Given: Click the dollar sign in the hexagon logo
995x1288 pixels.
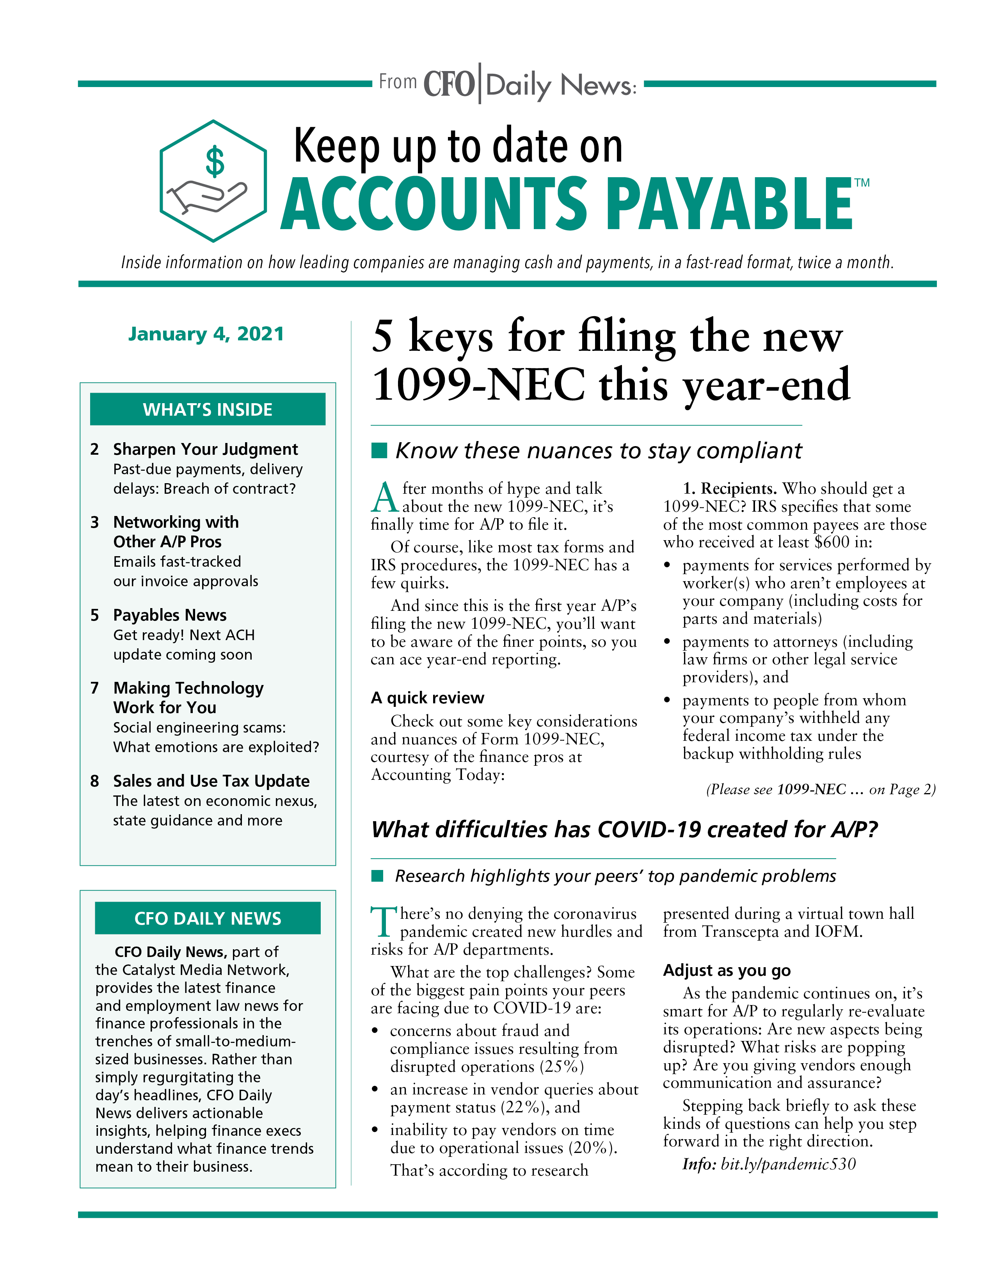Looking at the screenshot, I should [x=215, y=162].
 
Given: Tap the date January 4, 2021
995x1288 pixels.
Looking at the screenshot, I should [x=206, y=334].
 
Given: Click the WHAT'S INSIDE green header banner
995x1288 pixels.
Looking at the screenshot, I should [x=208, y=409].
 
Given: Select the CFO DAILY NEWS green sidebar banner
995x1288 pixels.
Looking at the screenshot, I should [x=208, y=918].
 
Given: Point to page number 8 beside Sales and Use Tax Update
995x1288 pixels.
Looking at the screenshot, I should [x=94, y=781].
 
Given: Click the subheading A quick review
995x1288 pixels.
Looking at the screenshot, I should [x=427, y=698].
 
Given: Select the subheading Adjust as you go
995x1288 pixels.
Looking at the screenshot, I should [x=727, y=970].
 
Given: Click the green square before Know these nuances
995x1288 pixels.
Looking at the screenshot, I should [x=379, y=450].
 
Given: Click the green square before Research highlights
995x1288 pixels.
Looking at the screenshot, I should [x=378, y=876].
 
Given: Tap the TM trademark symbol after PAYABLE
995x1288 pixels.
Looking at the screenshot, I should [x=862, y=183].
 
